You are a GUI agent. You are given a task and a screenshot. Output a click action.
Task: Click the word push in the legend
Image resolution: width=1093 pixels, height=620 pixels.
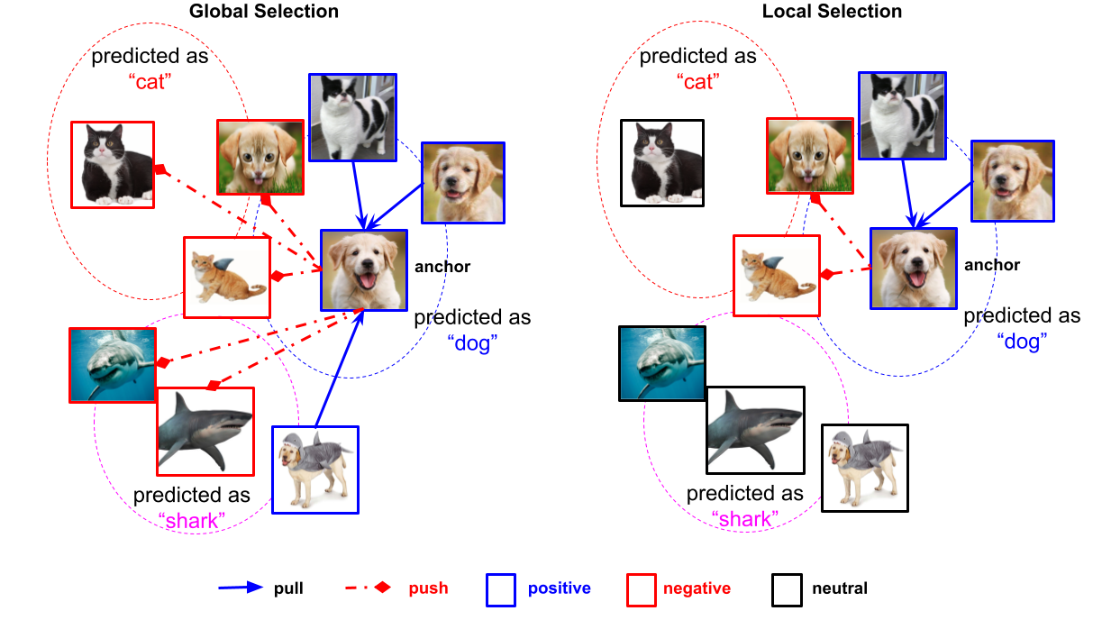(428, 588)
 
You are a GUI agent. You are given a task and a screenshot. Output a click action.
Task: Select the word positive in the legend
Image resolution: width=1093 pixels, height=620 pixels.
(559, 588)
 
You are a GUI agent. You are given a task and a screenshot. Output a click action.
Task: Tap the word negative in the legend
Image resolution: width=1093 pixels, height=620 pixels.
(697, 588)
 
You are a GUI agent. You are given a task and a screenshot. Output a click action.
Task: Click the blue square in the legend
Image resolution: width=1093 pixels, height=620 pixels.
(501, 589)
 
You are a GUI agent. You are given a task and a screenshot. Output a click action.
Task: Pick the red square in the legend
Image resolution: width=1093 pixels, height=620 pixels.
(641, 589)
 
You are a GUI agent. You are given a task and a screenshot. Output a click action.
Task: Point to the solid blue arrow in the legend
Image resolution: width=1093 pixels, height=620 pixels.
(241, 588)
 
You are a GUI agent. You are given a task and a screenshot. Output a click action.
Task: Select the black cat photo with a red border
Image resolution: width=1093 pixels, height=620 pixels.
(113, 165)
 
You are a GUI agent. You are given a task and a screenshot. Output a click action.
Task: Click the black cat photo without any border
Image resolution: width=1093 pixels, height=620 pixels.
(662, 163)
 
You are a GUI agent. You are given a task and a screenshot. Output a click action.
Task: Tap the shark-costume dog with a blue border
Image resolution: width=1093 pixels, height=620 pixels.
(315, 470)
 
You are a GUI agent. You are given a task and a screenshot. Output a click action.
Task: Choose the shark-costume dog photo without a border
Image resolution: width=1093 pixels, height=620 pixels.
(864, 468)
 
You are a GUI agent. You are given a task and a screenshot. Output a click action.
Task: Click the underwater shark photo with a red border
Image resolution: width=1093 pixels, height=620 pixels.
(113, 365)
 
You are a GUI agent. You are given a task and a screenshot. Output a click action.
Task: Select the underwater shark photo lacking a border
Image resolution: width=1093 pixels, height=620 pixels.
(662, 363)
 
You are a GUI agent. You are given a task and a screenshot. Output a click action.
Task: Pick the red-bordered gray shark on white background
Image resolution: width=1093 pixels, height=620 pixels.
(205, 432)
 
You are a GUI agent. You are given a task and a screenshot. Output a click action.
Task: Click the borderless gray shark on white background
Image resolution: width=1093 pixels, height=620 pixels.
(755, 430)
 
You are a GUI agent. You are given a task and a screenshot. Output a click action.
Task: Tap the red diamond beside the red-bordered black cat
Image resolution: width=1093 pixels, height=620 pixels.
(160, 169)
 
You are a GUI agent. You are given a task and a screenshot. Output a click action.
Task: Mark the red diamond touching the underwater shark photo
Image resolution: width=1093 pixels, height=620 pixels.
(162, 363)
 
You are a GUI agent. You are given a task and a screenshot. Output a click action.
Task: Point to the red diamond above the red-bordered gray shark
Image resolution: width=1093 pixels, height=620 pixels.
(213, 386)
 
